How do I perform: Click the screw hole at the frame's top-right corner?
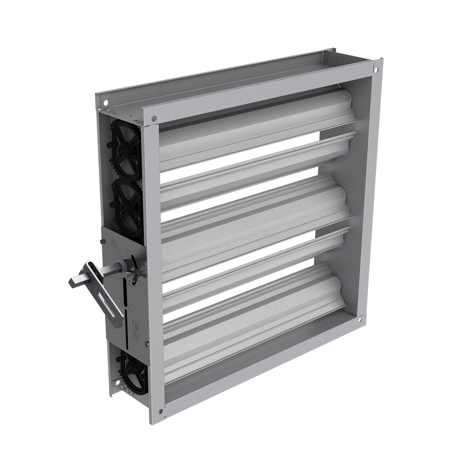376,70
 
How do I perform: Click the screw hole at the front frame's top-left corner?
154,118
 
